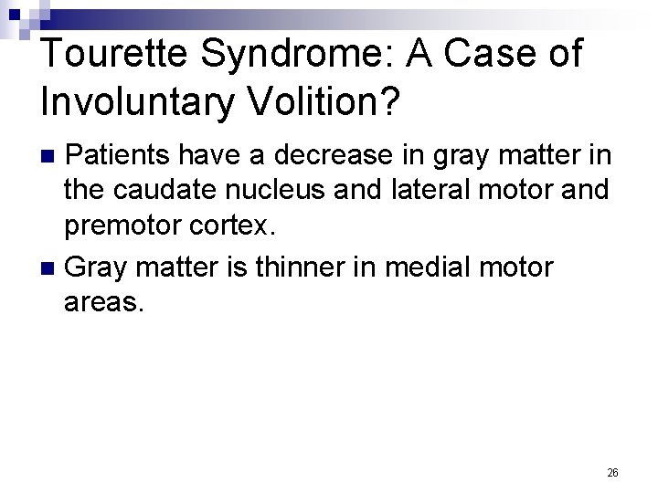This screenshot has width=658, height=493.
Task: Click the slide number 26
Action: (612, 472)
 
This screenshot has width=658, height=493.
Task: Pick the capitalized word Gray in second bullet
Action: (94, 267)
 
